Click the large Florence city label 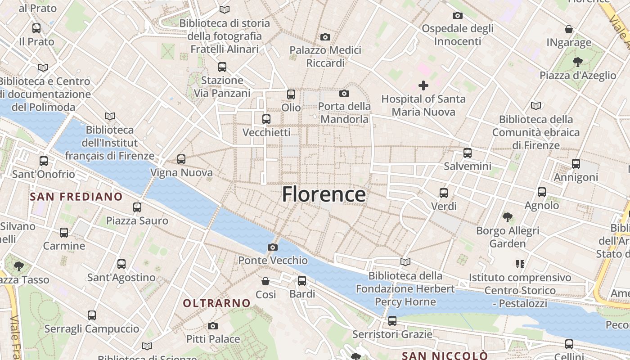pos(324,194)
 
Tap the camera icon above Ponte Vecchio pos(272,247)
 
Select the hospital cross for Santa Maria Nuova pos(423,85)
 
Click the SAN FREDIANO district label pos(76,197)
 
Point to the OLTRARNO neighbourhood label pos(216,303)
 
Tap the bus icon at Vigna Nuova pos(181,159)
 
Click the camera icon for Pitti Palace pos(213,326)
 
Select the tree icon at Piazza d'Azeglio pos(577,62)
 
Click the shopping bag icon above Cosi pos(265,281)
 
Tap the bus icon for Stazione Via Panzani pos(222,67)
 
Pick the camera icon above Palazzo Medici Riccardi pos(325,37)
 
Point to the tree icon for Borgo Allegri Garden pos(508,217)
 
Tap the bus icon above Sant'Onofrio pos(44,161)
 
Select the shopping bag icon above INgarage pos(569,29)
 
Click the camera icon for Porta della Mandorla pos(344,93)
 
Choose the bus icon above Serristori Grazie pos(392,321)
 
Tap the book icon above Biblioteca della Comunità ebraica pos(535,106)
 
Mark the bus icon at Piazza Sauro pos(137,207)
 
